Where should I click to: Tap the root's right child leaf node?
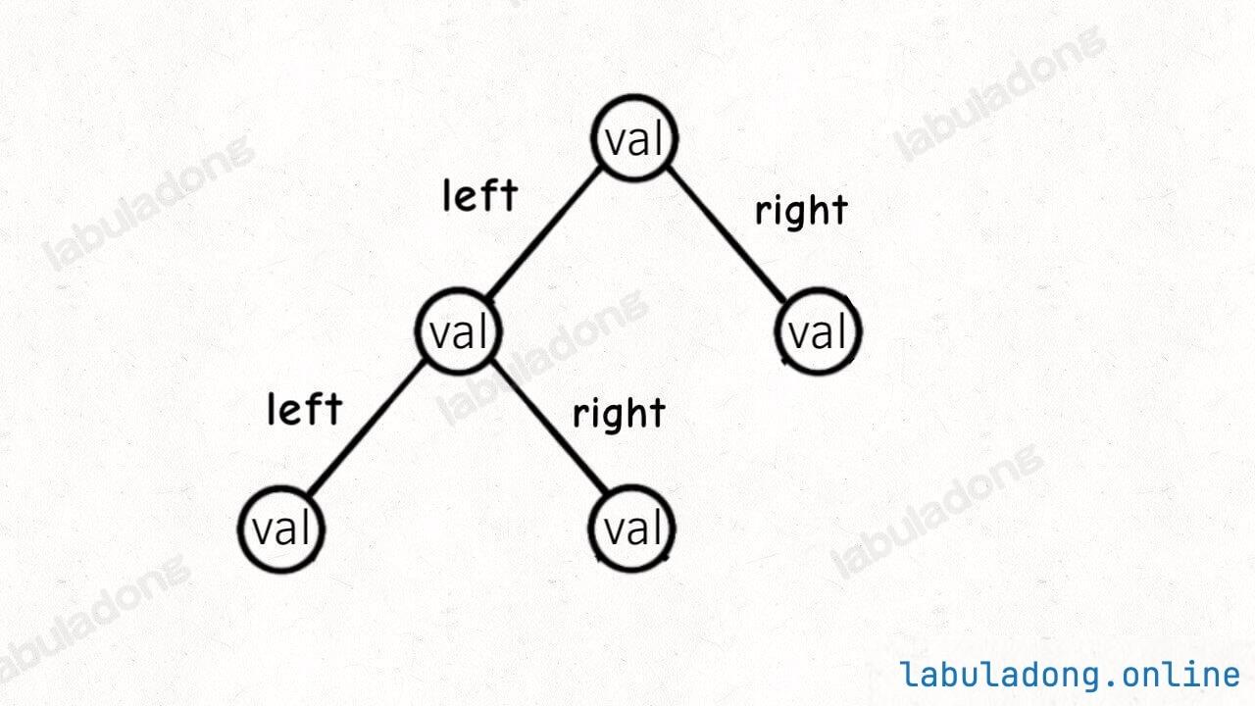820,332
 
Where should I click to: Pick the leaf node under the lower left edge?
281,529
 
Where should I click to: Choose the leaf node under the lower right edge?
634,529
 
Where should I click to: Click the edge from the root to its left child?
546,235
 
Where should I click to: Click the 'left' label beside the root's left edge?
479,195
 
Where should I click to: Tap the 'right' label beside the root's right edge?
800,211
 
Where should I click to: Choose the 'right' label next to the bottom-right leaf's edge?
619,414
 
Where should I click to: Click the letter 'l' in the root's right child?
840,332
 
